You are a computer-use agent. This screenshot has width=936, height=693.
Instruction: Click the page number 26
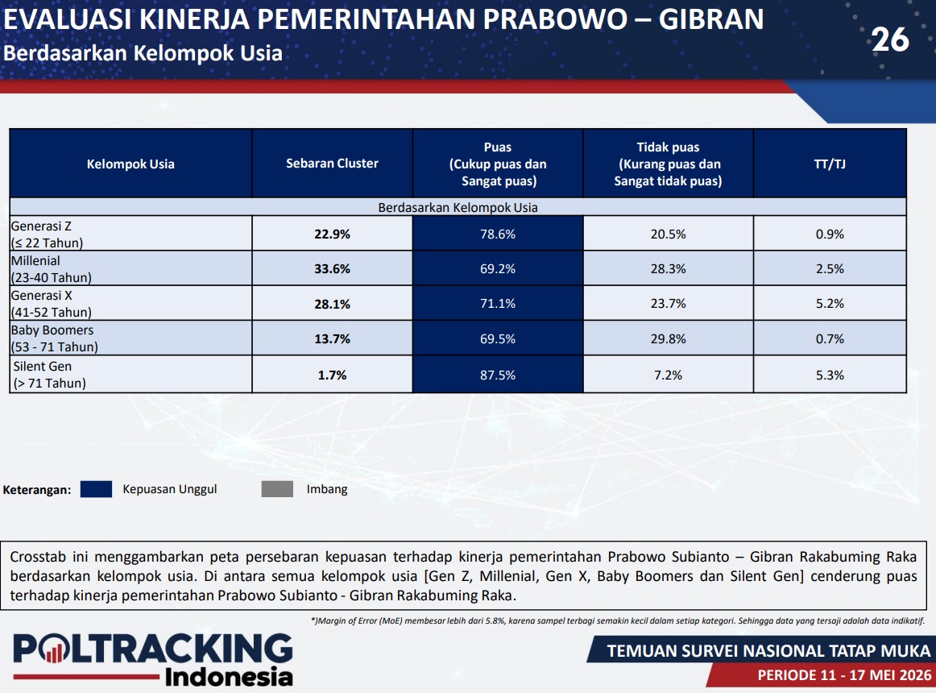890,40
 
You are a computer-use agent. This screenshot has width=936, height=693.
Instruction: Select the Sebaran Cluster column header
332,163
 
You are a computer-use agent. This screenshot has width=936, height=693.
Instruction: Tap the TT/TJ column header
830,164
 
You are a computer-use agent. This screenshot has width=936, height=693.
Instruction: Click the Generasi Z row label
48,234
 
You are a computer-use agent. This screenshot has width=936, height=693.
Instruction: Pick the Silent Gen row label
50,375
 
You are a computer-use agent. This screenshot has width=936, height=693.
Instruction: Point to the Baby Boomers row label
54,338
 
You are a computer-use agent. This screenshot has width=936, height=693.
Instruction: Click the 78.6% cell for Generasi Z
497,234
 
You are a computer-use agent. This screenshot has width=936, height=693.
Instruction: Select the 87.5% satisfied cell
497,375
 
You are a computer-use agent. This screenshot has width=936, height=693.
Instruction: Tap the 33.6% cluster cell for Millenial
332,269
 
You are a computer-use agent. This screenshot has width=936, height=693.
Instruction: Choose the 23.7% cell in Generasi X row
668,304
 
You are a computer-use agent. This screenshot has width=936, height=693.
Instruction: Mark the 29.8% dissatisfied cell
668,338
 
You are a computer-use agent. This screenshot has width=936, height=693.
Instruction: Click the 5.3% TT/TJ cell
830,375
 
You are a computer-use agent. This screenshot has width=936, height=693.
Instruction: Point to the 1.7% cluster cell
332,375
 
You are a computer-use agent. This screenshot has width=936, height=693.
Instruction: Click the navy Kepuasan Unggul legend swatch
96,489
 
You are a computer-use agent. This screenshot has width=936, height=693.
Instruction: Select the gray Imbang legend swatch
277,489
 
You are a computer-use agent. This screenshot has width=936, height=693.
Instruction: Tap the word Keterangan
36,490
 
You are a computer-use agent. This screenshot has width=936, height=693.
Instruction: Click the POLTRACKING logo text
153,649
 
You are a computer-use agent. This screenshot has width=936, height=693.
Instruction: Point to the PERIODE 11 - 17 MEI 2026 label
844,675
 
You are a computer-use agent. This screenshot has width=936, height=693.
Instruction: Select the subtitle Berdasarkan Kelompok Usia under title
143,53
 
